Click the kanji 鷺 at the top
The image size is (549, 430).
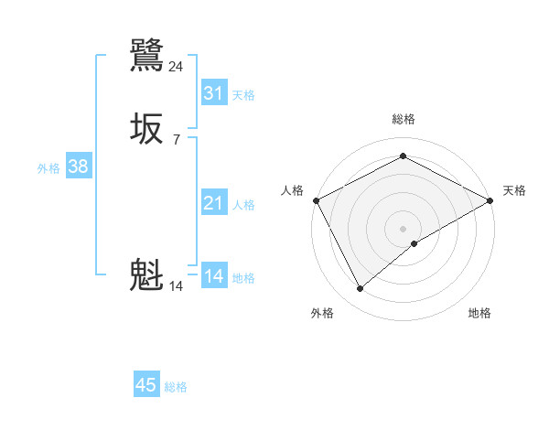click(x=146, y=55)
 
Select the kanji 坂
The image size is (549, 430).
click(x=146, y=128)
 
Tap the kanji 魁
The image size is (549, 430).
click(x=146, y=274)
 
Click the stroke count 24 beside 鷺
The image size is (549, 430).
click(x=177, y=66)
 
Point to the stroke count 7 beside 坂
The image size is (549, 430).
click(x=177, y=139)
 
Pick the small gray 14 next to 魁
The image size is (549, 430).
click(x=177, y=286)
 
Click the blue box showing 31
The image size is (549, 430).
click(x=213, y=92)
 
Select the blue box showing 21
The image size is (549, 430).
click(x=213, y=203)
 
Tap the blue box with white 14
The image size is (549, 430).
click(x=213, y=276)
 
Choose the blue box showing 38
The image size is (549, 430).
click(x=78, y=167)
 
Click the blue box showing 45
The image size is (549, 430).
click(x=146, y=385)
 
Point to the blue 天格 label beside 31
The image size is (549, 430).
click(x=243, y=95)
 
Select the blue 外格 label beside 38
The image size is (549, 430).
click(x=48, y=169)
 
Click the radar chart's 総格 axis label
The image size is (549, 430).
click(x=403, y=119)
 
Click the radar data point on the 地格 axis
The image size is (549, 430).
click(x=415, y=243)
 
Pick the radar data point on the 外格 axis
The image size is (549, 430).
click(x=360, y=289)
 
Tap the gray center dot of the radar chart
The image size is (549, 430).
click(x=403, y=228)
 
